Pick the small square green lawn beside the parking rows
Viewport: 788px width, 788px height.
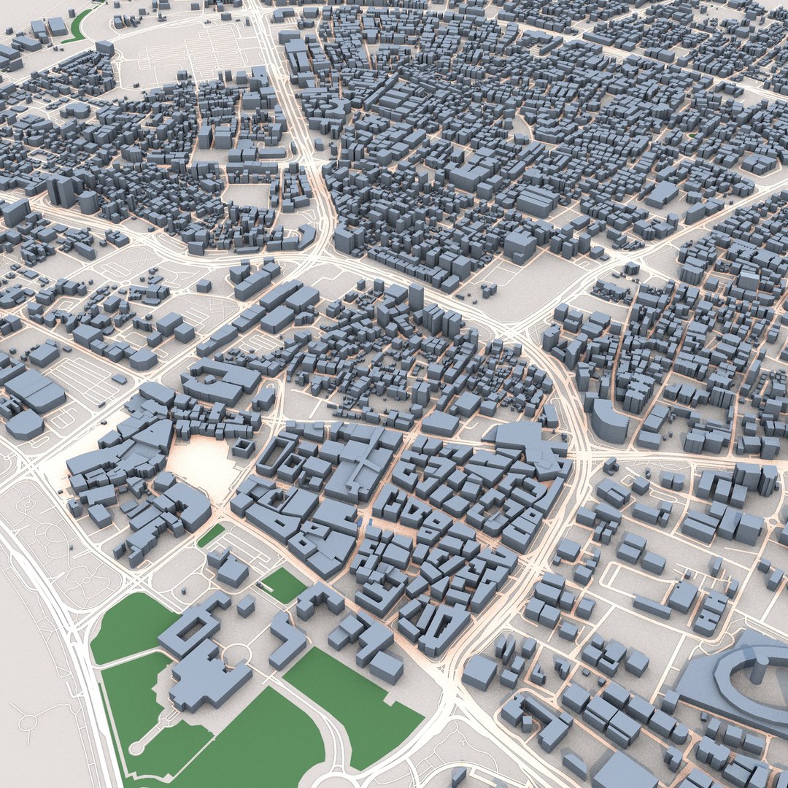(x=283, y=584)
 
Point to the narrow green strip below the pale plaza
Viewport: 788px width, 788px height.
(x=211, y=535)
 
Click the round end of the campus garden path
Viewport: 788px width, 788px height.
(x=136, y=748)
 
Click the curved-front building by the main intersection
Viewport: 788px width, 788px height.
(x=608, y=422)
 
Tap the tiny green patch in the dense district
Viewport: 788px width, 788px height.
(x=691, y=135)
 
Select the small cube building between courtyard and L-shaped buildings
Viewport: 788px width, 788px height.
(x=246, y=605)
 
